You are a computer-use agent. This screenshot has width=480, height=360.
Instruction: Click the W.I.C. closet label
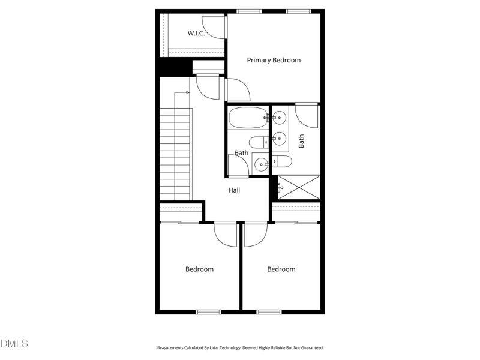196,34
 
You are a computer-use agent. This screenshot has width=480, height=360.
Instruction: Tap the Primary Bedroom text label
274,60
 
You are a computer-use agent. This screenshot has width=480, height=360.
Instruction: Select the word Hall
234,190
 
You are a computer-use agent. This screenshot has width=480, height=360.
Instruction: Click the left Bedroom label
199,269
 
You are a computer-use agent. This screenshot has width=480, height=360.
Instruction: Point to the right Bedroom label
281,269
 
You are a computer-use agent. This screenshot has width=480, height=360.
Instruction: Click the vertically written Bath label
301,141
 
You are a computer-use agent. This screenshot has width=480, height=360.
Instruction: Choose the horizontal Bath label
241,153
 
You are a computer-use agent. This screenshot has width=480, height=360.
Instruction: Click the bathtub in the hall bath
248,118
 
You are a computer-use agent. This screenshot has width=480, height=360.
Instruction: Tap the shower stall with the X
298,187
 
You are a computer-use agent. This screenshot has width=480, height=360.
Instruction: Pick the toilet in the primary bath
281,161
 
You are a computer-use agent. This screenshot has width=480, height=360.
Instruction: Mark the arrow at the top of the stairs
187,92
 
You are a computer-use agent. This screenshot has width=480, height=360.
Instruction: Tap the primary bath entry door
307,115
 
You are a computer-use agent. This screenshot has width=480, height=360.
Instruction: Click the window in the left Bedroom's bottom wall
209,311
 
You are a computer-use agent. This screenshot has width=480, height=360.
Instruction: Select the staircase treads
175,153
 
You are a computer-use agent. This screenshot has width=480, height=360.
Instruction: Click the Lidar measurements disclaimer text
240,347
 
